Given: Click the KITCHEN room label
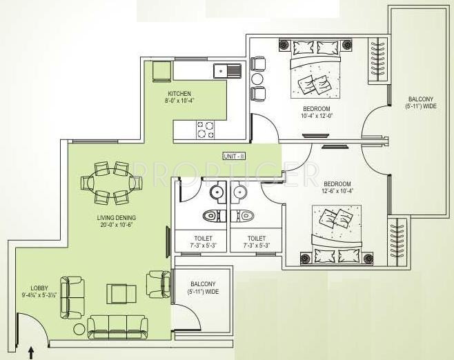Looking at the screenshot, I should (x=179, y=93).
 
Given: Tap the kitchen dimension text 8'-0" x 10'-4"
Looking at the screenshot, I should (x=179, y=101).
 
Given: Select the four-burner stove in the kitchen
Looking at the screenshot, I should (x=206, y=130).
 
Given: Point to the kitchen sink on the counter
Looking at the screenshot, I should (x=227, y=70).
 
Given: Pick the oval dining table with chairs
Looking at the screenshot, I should (x=111, y=183).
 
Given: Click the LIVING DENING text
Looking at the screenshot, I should (x=116, y=218).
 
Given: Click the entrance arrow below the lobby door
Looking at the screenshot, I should (x=31, y=353).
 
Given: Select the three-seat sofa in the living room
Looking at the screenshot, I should (x=117, y=327).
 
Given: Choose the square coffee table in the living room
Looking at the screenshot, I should (x=121, y=293).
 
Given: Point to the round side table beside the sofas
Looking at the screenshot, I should (x=79, y=328).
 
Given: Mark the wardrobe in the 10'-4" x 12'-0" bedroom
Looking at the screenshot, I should (x=377, y=61).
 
